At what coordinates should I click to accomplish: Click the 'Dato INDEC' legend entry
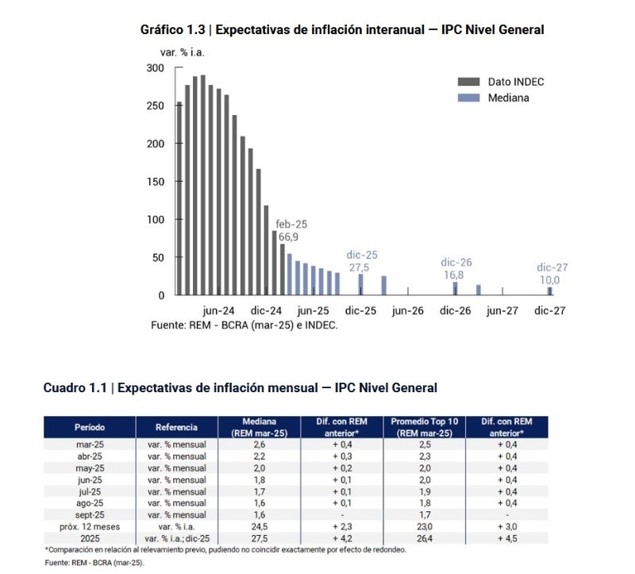click(x=515, y=82)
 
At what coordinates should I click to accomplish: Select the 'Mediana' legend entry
click(x=508, y=98)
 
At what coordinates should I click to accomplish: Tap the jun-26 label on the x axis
click(x=408, y=311)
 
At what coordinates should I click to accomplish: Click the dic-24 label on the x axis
click(x=266, y=311)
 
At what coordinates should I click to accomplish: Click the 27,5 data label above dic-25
click(x=361, y=268)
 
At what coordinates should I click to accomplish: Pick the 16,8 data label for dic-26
click(x=456, y=275)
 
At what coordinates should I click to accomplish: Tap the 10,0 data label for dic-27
click(x=550, y=280)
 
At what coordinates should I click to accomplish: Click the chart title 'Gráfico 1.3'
click(x=173, y=30)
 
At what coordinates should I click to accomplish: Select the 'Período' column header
click(x=90, y=427)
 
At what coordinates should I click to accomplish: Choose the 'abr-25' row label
click(x=90, y=457)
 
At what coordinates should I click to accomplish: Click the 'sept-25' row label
click(x=90, y=514)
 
